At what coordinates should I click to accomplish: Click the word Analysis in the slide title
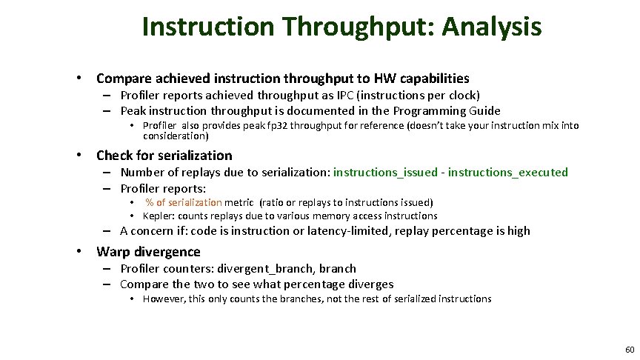click(492, 27)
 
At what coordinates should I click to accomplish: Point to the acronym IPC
click(324, 95)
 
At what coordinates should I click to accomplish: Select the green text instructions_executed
click(508, 173)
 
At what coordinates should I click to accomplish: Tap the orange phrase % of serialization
click(184, 202)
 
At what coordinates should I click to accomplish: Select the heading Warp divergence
click(148, 251)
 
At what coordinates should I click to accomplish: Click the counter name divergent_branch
click(264, 268)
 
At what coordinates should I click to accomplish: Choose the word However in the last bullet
click(163, 299)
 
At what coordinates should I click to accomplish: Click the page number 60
click(629, 349)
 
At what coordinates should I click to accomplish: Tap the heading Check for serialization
click(164, 156)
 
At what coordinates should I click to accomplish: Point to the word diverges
click(370, 284)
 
